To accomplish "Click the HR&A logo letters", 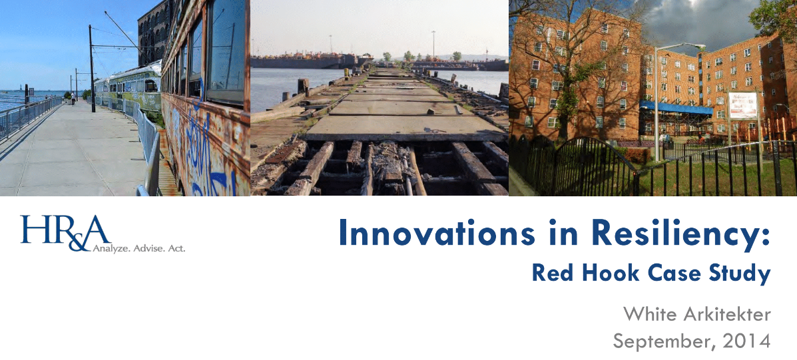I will tap(63, 233).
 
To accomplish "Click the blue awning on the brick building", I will tap(676, 107).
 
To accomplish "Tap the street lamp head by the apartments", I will tap(693, 47).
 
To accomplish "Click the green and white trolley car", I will tap(133, 85).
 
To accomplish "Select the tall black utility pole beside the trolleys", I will tap(92, 67).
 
